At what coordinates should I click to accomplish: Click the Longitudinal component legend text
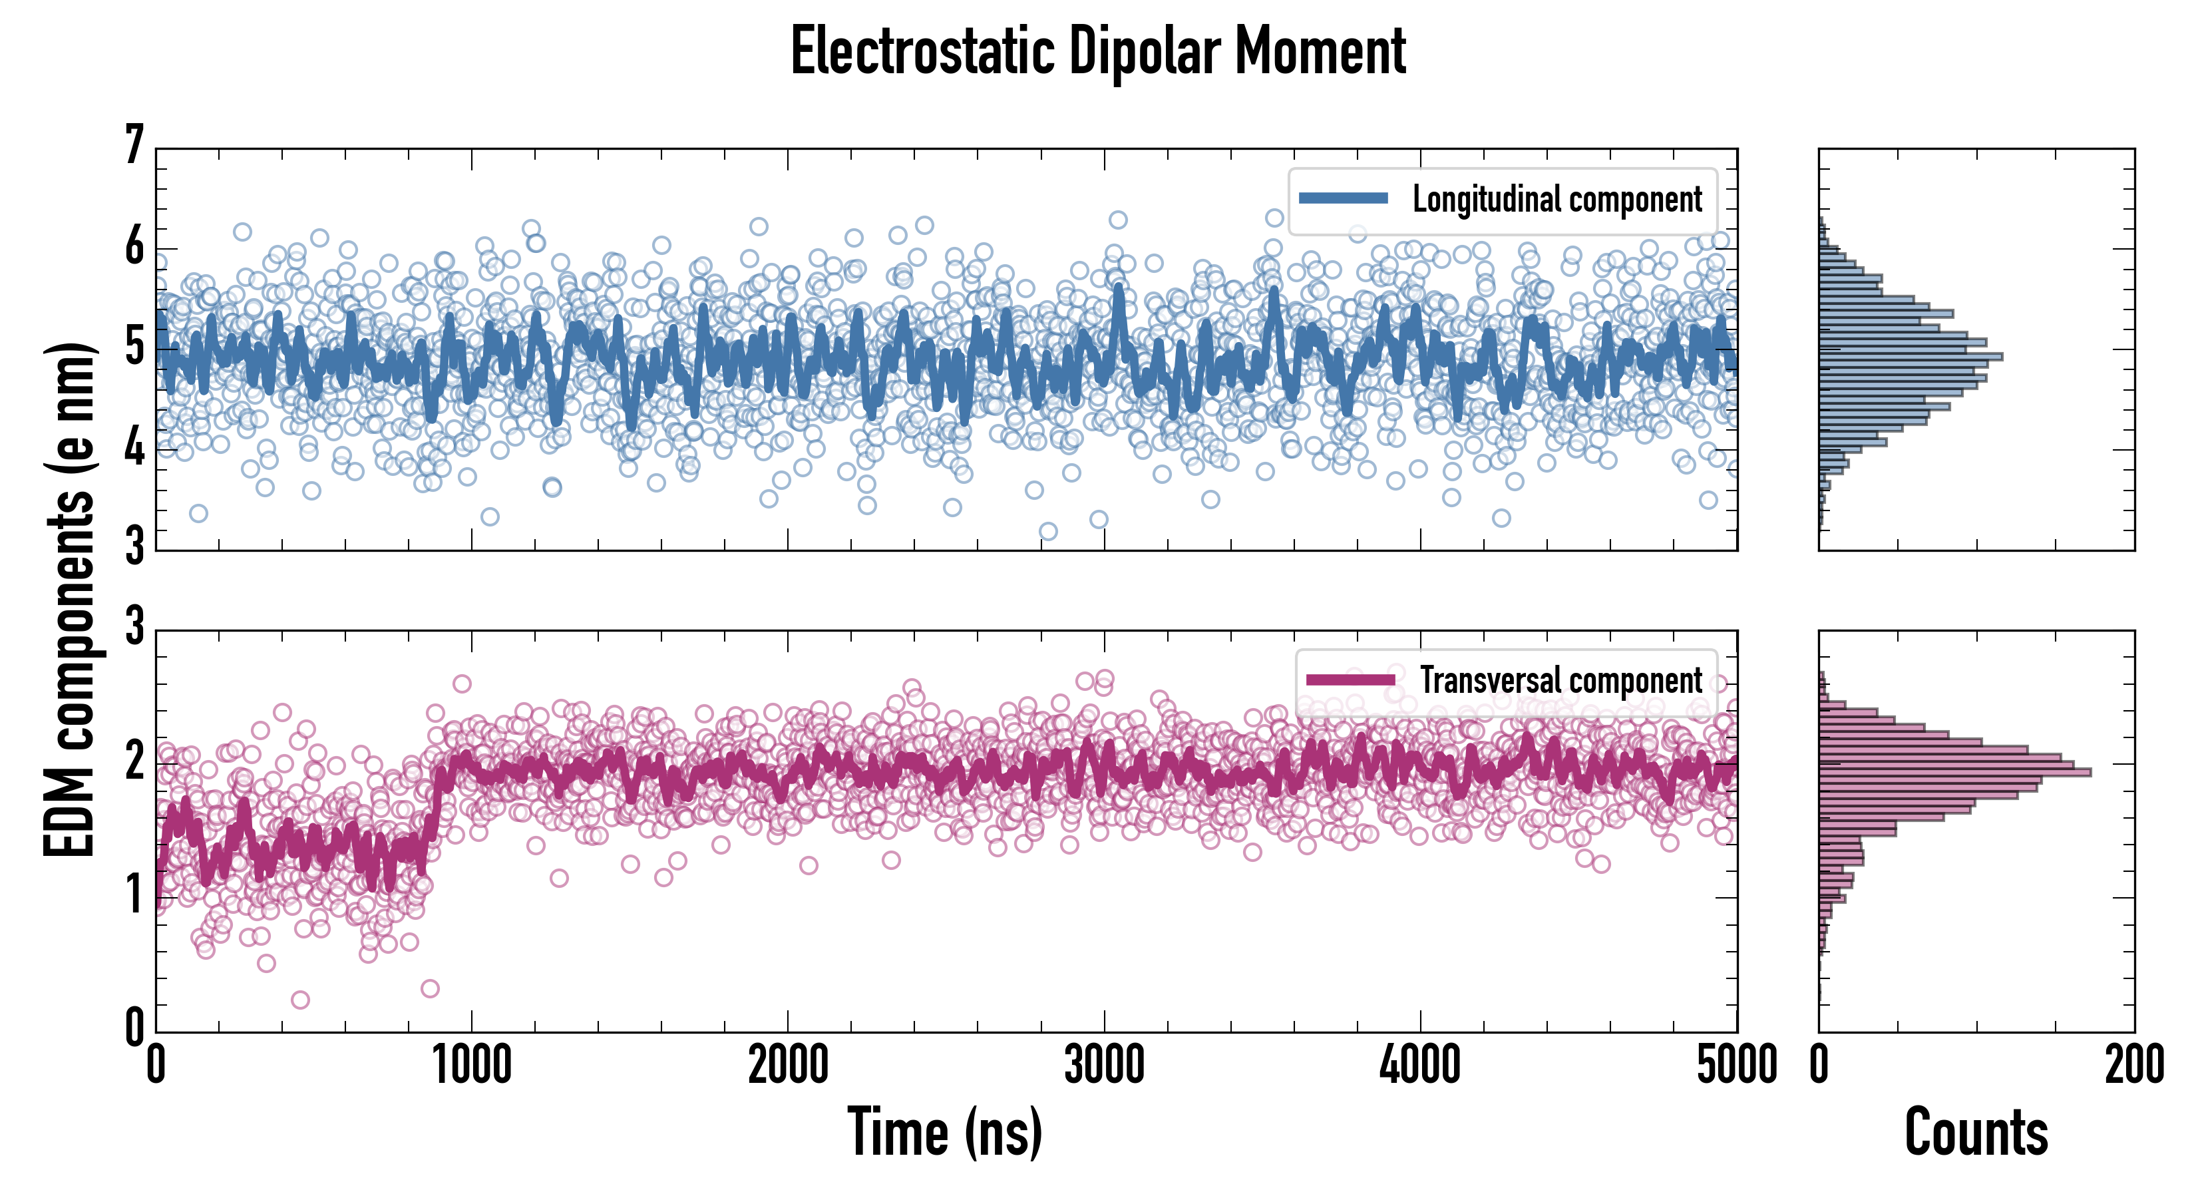click(1556, 200)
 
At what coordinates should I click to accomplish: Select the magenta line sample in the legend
click(1350, 680)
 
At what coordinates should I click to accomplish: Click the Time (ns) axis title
click(944, 1131)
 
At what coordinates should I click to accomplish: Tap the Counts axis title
click(1976, 1131)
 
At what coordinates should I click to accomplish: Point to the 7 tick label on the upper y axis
click(134, 146)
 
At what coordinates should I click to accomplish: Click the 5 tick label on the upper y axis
click(134, 347)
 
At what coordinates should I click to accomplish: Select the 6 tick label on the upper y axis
click(134, 248)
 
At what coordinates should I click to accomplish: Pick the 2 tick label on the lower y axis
click(134, 761)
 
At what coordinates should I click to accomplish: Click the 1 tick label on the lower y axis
click(134, 895)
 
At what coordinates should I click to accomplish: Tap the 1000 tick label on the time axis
click(471, 1066)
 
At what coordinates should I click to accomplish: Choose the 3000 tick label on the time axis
click(1104, 1066)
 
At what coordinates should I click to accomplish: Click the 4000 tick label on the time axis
click(1420, 1066)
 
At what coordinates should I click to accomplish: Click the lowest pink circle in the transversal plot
click(300, 999)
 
